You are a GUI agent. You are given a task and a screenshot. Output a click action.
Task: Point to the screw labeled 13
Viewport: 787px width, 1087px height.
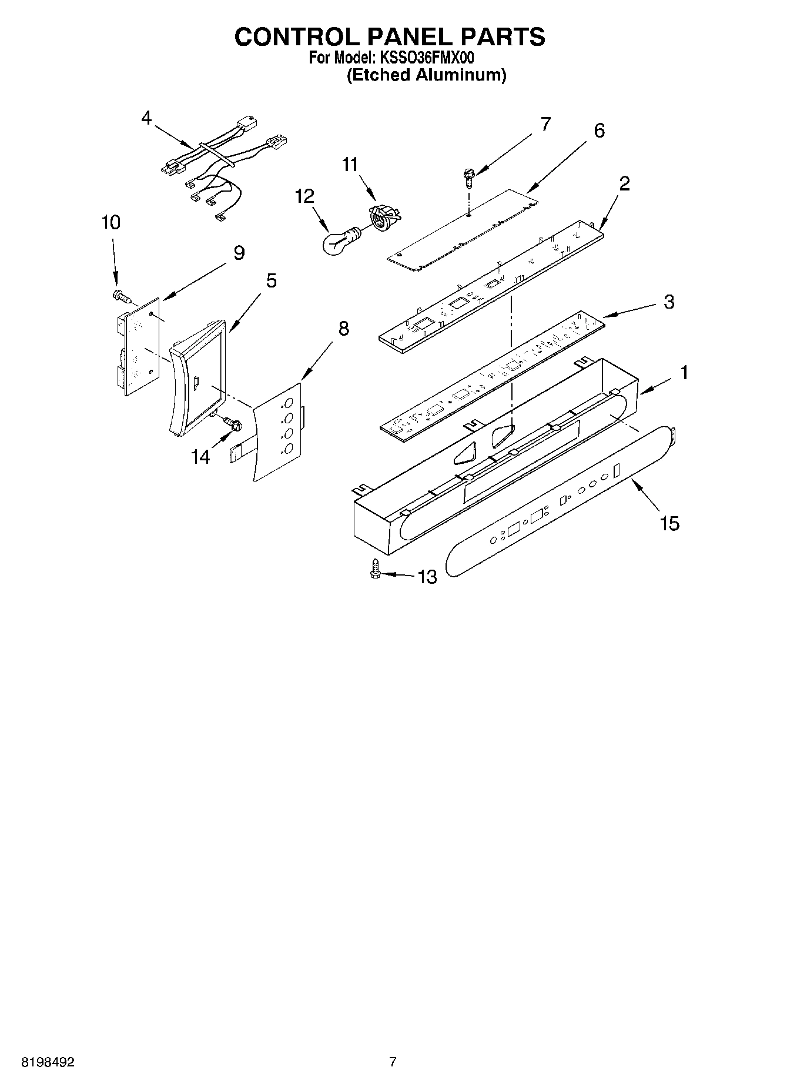[x=375, y=570]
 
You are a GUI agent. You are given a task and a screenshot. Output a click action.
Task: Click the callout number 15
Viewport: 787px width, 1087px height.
[x=669, y=523]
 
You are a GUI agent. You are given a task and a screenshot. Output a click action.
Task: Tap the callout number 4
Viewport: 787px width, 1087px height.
[x=146, y=118]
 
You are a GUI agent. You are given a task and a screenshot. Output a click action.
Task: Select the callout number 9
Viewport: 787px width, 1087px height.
[x=239, y=253]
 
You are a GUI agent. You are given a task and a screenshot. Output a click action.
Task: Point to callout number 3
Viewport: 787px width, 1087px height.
[x=669, y=302]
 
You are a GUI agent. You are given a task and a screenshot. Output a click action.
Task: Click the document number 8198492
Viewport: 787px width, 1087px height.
[x=48, y=1062]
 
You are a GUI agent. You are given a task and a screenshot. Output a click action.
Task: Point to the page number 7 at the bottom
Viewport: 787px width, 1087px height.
[x=393, y=1062]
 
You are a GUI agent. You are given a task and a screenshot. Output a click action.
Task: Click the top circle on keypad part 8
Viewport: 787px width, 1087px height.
[x=289, y=404]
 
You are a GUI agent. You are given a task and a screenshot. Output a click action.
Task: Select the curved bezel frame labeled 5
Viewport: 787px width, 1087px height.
[x=197, y=376]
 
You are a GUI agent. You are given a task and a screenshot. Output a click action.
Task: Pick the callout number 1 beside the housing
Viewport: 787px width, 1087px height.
[x=684, y=372]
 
